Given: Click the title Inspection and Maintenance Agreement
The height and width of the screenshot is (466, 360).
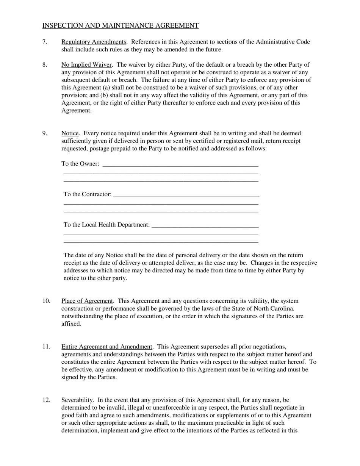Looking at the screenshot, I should [120, 25].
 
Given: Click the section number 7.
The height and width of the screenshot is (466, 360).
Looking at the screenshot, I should [45, 42].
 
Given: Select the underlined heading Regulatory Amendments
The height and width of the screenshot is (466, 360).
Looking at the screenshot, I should [94, 42].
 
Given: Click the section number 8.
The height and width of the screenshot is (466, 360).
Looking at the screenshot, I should [45, 65].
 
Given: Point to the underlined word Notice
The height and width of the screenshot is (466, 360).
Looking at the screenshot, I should [70, 133].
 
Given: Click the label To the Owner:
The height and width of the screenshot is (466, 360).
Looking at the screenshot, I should [80, 164].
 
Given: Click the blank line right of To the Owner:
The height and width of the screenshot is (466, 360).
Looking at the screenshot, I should [180, 164].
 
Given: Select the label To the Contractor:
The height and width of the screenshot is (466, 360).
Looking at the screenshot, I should [88, 194].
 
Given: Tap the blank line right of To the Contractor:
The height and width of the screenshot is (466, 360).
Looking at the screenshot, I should [186, 195].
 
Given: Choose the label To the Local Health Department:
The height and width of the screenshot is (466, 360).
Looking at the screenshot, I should [106, 225].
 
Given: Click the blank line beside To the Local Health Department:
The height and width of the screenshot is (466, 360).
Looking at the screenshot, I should [205, 226].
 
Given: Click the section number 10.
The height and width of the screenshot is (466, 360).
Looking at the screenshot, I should [46, 301].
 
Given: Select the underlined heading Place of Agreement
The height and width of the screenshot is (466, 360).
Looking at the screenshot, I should [87, 301].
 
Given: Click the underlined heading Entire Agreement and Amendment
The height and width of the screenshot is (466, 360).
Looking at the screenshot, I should [106, 347].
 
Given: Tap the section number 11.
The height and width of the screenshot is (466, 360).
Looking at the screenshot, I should [46, 347].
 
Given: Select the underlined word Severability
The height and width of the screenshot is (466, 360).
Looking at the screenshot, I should [77, 400].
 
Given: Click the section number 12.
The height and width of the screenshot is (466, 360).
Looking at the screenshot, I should [46, 400].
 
